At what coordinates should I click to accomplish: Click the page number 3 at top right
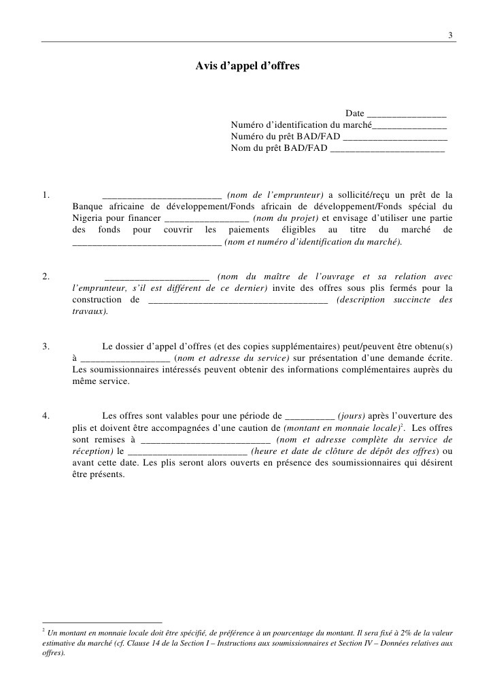point(450,35)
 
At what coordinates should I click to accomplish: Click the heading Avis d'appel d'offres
point(247,67)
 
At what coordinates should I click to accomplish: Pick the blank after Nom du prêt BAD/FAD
point(387,149)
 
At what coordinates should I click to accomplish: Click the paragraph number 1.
point(45,196)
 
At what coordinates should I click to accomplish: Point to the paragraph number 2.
point(45,277)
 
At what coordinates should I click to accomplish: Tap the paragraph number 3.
point(45,346)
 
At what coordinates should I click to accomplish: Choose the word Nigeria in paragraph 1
point(88,219)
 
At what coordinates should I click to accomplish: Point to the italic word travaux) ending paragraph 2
point(90,311)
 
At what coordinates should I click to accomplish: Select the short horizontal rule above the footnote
point(102,622)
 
